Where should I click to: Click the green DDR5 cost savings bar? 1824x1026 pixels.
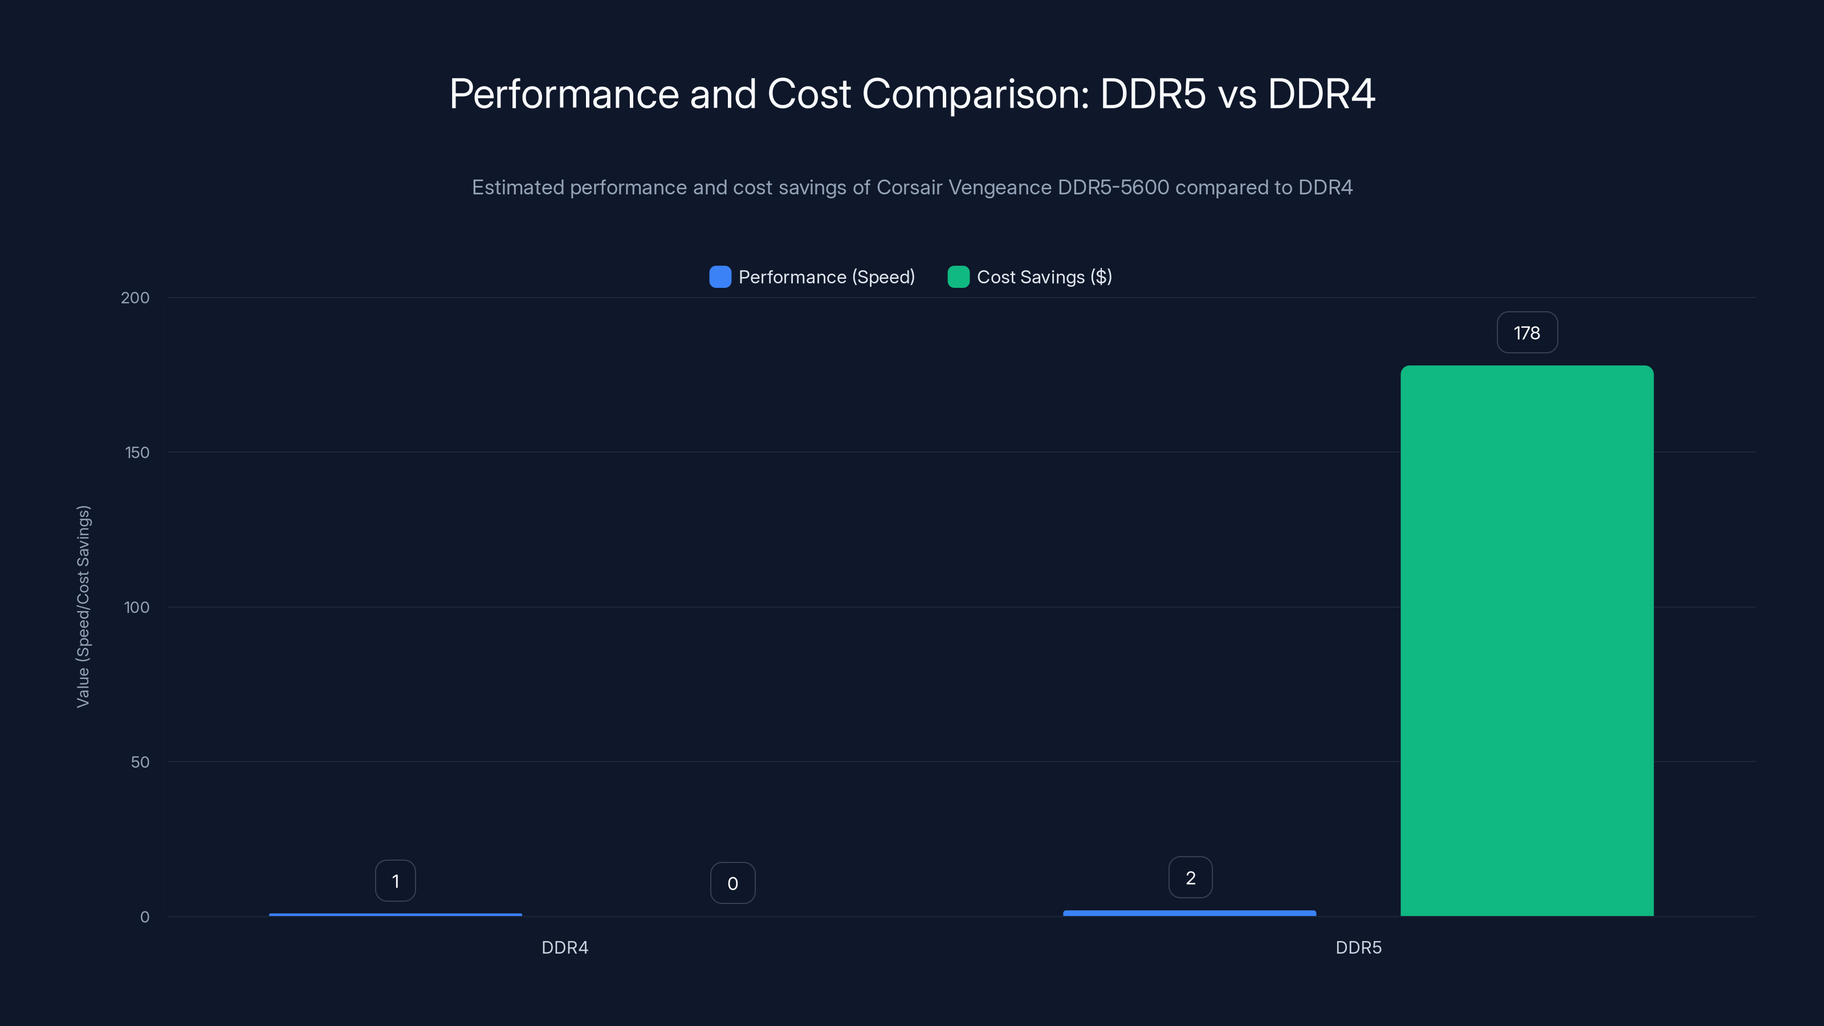[x=1526, y=641]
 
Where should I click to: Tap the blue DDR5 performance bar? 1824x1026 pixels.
[x=1189, y=913]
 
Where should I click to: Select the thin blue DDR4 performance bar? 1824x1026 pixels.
[x=395, y=915]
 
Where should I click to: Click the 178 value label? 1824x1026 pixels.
[x=1526, y=333]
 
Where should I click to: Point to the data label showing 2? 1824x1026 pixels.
[x=1190, y=878]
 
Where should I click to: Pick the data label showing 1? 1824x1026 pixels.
[x=395, y=881]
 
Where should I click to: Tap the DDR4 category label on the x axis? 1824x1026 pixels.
[x=564, y=947]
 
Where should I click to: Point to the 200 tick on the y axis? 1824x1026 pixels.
[x=135, y=298]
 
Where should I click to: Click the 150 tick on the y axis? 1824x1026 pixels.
[x=137, y=453]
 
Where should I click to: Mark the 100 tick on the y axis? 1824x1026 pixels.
[x=136, y=608]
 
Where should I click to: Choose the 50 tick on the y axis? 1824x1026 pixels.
[x=140, y=762]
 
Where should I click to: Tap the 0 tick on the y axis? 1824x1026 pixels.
[x=144, y=917]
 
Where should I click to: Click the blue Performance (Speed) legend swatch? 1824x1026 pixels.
[x=719, y=277]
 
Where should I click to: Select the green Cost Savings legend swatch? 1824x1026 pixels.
[x=958, y=277]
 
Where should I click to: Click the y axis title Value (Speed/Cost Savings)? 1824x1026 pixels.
[x=83, y=606]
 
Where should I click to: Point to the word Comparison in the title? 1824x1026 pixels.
[x=975, y=93]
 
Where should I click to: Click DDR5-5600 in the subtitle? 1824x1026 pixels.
[x=1113, y=188]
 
